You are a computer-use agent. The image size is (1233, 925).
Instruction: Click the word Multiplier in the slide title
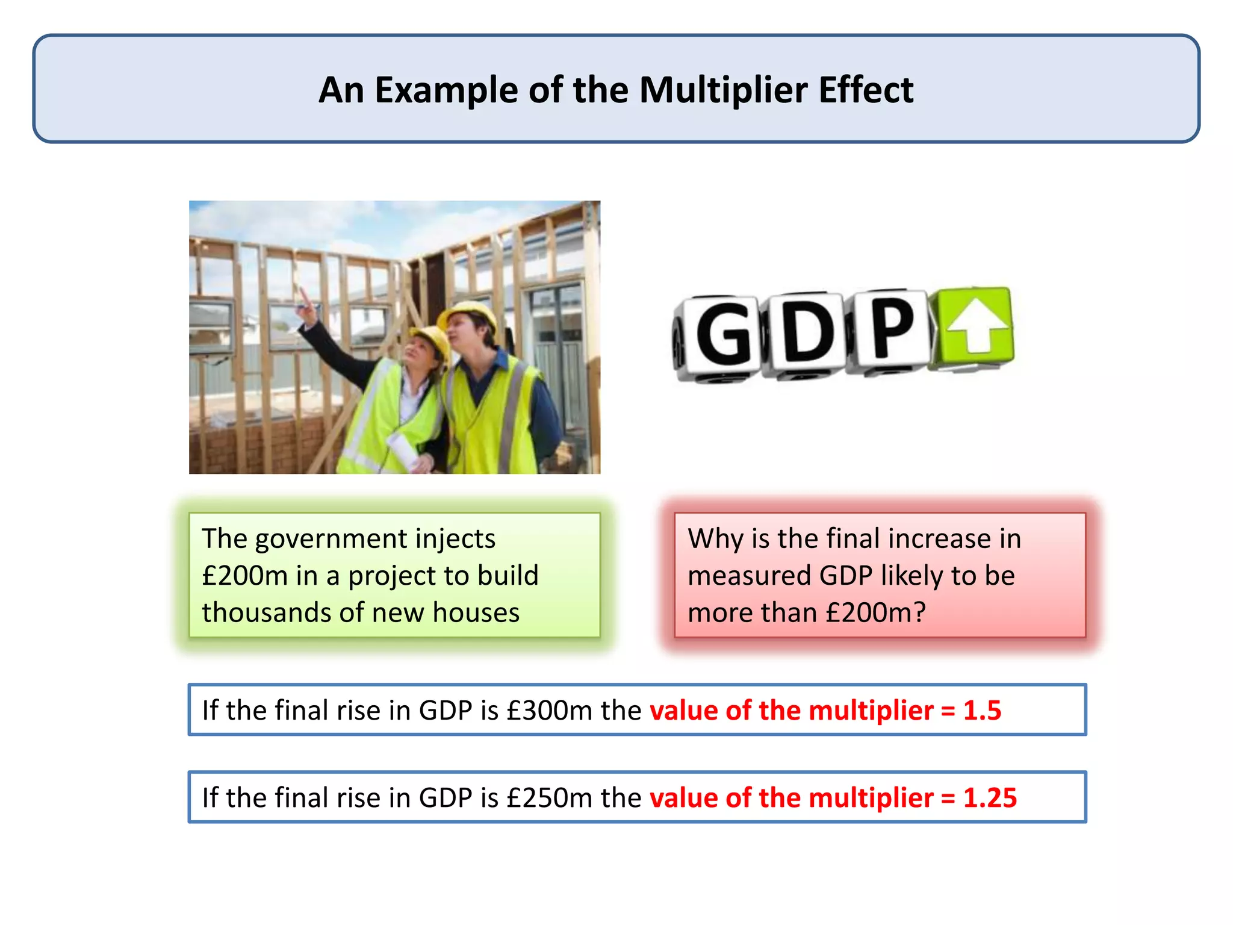pos(723,90)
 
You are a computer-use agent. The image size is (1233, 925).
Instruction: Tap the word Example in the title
pos(446,90)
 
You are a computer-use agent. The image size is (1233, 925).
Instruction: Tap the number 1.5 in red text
pos(982,711)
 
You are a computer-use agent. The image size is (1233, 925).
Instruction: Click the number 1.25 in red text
pos(990,798)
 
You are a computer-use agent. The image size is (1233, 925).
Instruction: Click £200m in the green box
pos(244,576)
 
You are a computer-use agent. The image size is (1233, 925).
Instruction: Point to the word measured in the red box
pos(749,576)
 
